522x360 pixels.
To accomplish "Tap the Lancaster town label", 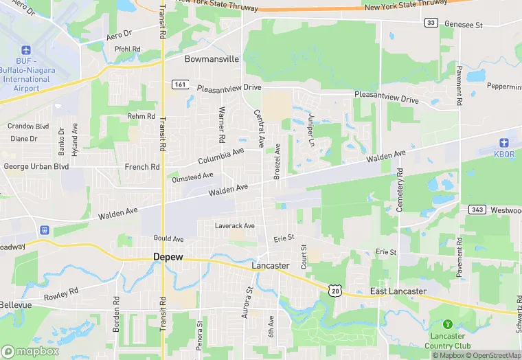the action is [x=270, y=265].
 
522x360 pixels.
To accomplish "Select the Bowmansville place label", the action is [x=212, y=59].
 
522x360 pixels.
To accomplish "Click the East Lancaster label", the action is [x=398, y=291].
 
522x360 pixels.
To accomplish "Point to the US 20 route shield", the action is [x=334, y=291].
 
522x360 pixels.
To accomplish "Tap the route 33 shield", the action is [x=431, y=23].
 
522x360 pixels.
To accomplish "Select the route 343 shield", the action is [x=477, y=209].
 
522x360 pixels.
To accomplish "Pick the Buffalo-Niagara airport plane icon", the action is [x=27, y=51].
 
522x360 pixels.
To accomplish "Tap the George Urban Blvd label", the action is [x=36, y=166].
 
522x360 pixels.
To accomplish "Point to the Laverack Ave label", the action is [x=234, y=225].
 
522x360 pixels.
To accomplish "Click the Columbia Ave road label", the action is [x=221, y=156].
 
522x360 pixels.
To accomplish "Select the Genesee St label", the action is [x=464, y=25].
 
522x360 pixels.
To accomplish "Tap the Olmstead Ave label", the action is [x=193, y=177].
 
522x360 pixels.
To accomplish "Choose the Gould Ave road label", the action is [x=168, y=238].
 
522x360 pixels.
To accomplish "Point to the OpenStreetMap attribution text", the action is [x=494, y=355].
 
